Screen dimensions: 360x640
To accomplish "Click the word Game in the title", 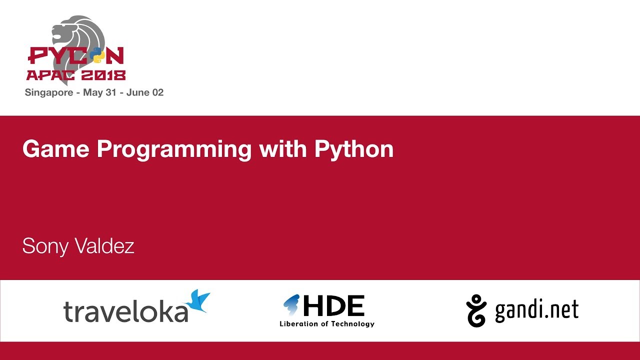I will tap(55, 149).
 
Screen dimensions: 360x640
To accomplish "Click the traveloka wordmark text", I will tap(125, 311).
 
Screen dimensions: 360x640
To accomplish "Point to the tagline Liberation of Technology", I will tap(327, 324).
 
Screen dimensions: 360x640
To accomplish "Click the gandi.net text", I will tap(536, 310).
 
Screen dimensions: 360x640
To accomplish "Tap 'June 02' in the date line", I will tap(145, 92).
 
